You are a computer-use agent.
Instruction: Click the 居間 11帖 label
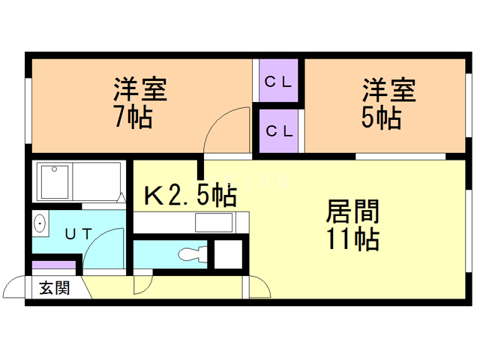tap(352, 225)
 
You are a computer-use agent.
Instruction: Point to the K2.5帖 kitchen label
tap(190, 196)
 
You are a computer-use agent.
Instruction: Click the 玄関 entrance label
tap(54, 287)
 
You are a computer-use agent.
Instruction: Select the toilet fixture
tap(190, 254)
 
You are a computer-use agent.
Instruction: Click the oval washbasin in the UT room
tap(40, 223)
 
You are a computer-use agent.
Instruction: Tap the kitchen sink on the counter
tap(214, 223)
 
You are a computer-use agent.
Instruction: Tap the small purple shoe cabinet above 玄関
tap(54, 265)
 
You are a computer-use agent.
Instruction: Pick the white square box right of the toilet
tap(227, 253)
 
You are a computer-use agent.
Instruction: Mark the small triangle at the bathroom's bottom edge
tap(120, 198)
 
